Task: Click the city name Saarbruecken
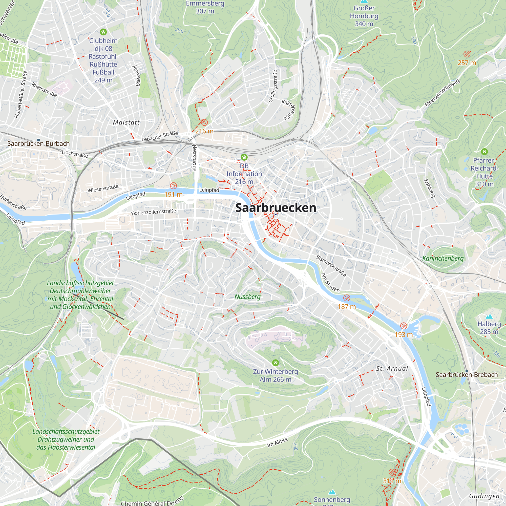[x=276, y=208]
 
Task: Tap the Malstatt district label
[x=126, y=122]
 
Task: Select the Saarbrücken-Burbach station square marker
[x=38, y=140]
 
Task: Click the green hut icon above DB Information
[x=244, y=157]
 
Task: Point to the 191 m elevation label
[x=173, y=195]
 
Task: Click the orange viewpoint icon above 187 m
[x=347, y=298]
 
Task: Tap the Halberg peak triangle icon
[x=489, y=317]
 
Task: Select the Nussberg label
[x=247, y=297]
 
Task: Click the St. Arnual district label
[x=392, y=369]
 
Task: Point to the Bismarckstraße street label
[x=331, y=266]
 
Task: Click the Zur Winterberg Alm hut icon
[x=275, y=363]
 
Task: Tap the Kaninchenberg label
[x=443, y=258]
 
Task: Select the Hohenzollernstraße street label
[x=154, y=212]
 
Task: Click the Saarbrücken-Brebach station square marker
[x=467, y=371]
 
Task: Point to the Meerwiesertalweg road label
[x=442, y=93]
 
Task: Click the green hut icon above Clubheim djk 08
[x=103, y=32]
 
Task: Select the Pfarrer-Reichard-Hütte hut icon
[x=484, y=151]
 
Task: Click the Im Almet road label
[x=277, y=442]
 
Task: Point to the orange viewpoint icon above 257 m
[x=467, y=54]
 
